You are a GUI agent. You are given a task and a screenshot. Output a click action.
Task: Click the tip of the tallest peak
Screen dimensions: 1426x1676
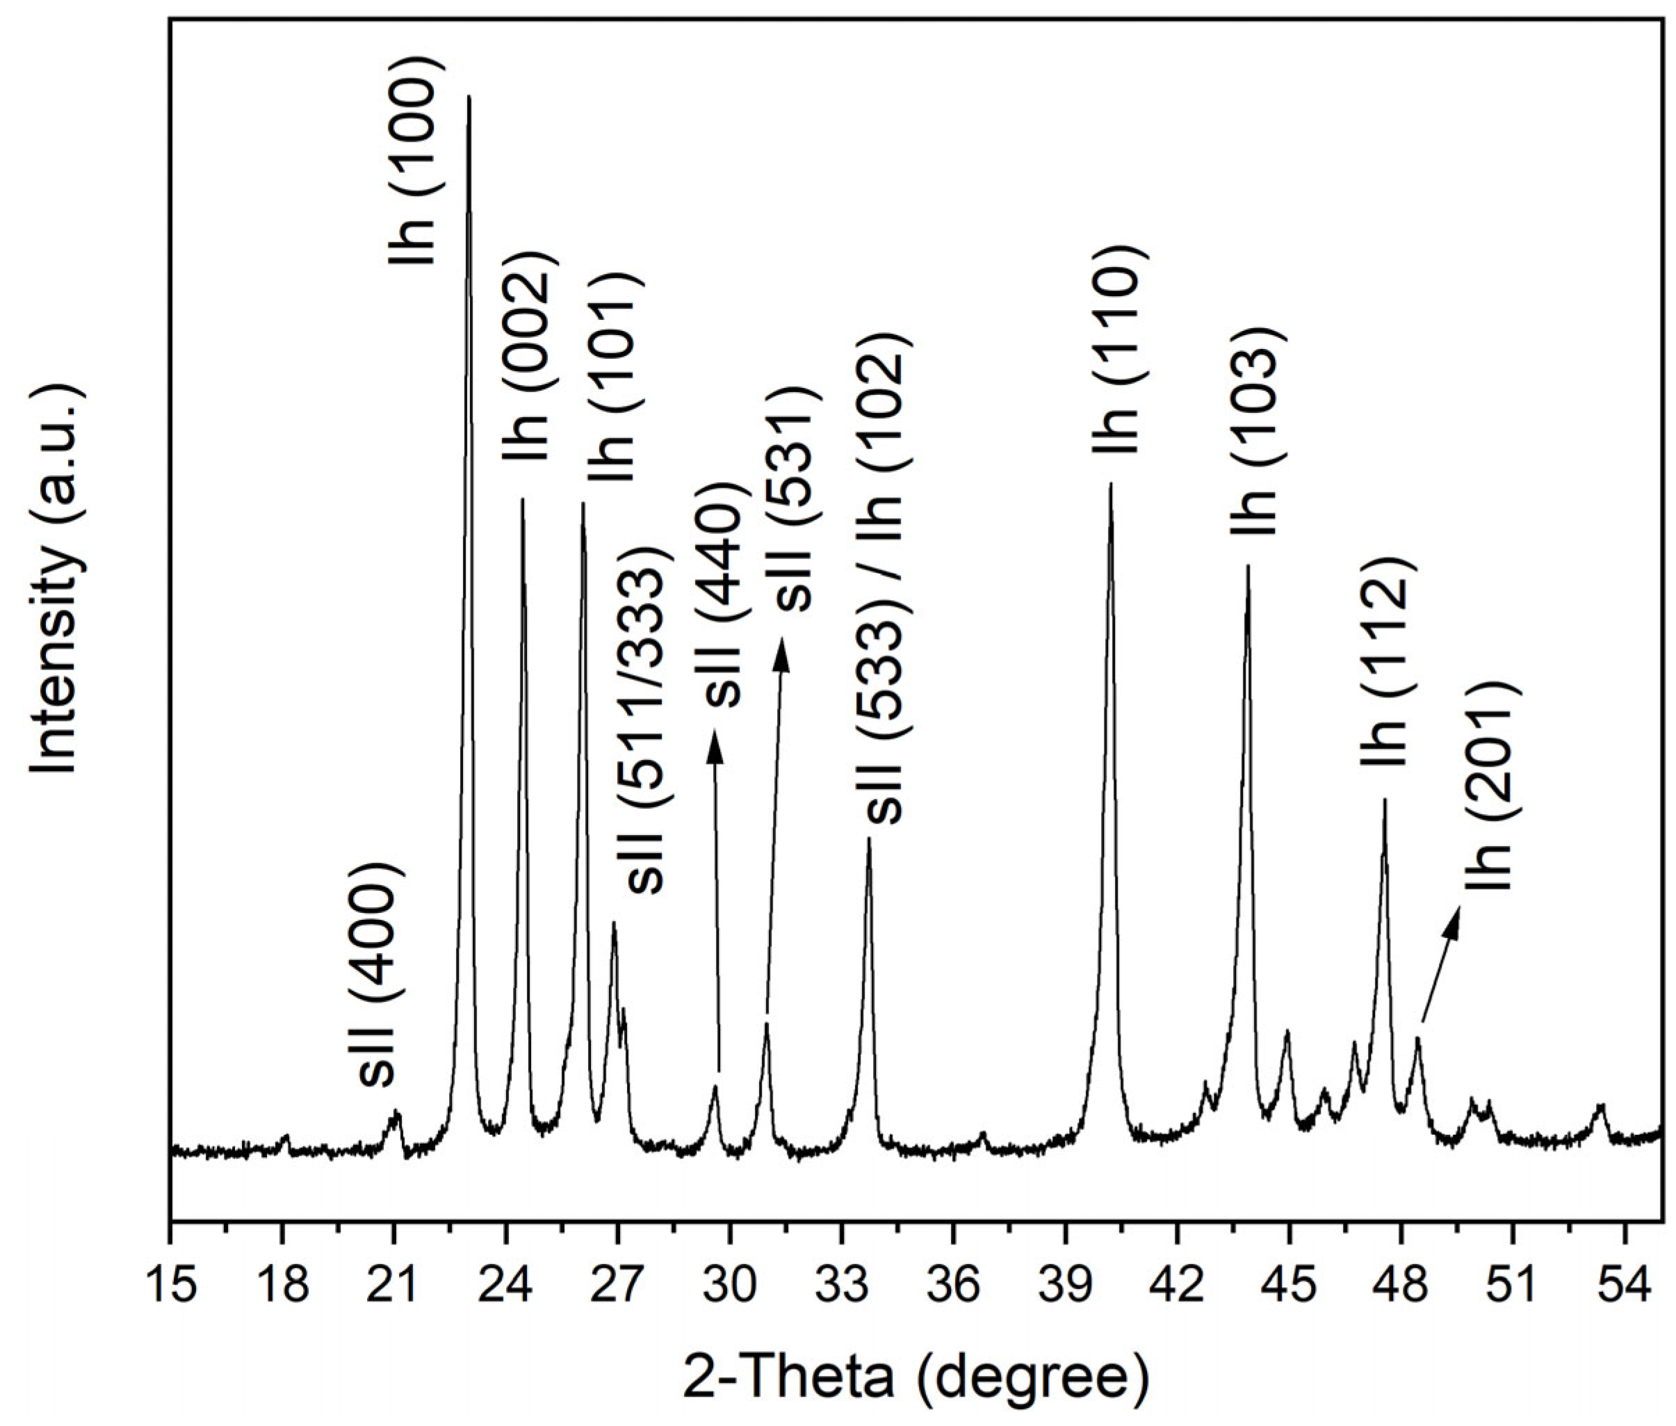[469, 97]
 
